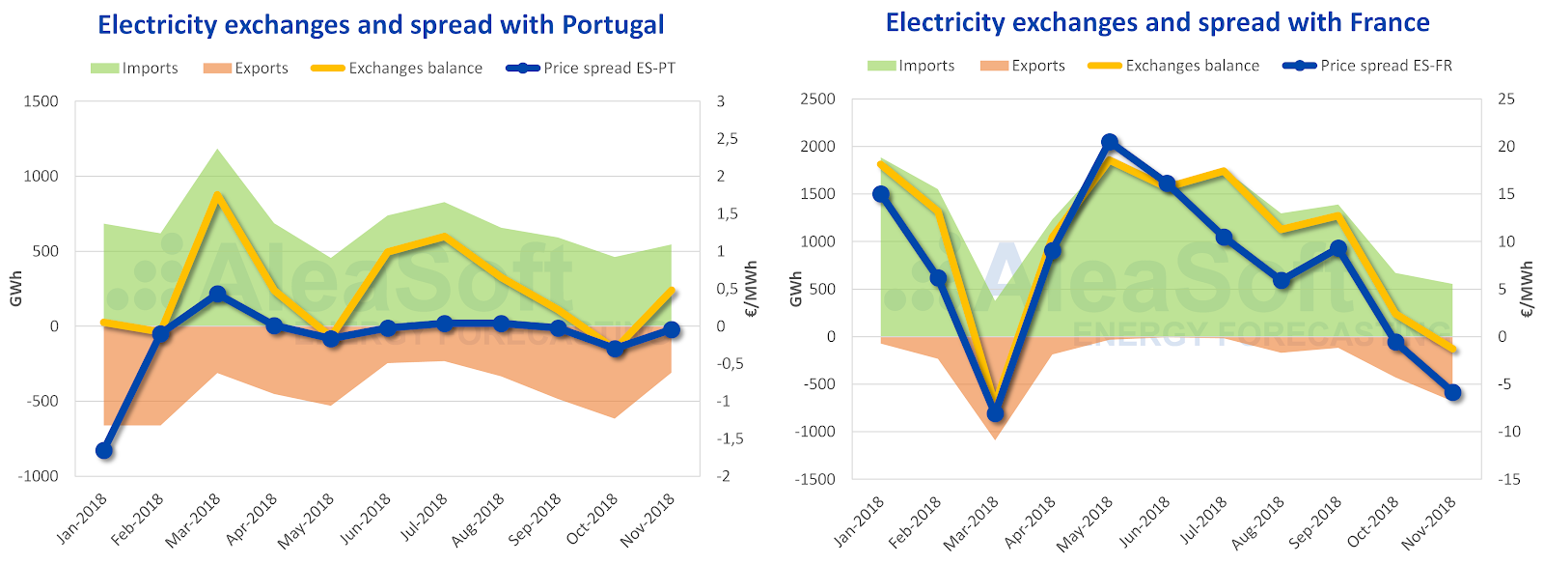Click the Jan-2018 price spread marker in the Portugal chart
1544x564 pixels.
(104, 450)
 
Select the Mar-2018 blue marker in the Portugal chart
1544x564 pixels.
(217, 294)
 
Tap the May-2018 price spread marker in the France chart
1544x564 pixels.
(1110, 142)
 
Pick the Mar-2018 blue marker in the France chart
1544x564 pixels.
(995, 413)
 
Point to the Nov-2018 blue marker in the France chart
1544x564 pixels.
(1452, 392)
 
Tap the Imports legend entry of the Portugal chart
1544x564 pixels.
(134, 69)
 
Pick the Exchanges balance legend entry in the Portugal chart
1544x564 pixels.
(397, 69)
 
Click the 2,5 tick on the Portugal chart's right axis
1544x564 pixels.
(727, 139)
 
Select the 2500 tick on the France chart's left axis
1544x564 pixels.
(817, 99)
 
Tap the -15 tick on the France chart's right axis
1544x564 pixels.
(1507, 479)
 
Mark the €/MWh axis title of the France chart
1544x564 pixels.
(1527, 289)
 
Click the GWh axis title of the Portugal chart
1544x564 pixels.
(16, 289)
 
